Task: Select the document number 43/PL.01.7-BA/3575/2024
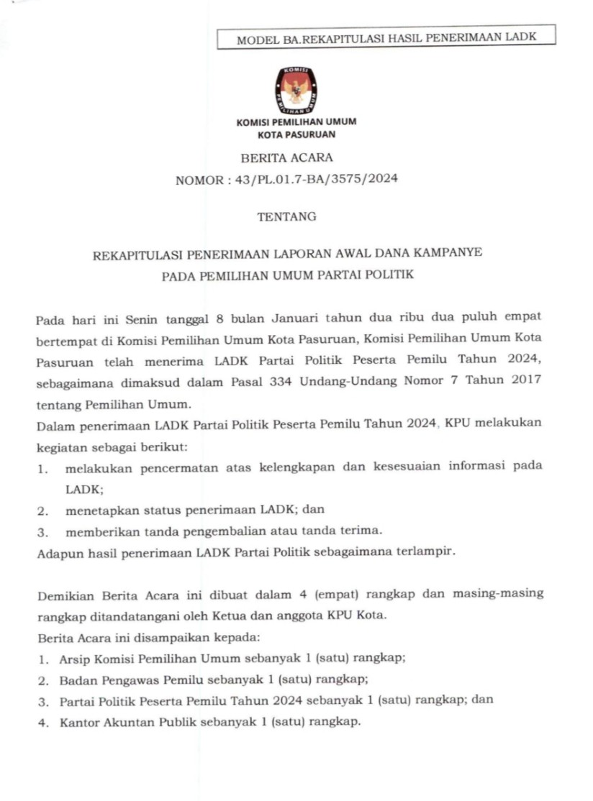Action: click(317, 180)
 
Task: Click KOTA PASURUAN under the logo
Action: click(296, 134)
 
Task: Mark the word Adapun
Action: click(57, 552)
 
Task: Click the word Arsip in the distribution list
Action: click(74, 659)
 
